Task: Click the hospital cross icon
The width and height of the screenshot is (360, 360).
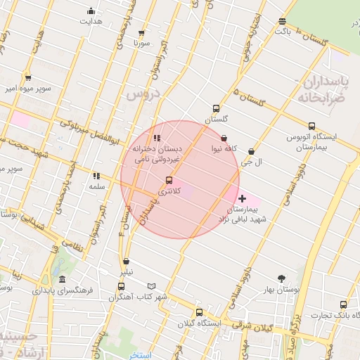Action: pos(243,199)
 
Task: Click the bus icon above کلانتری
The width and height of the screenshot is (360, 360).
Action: pos(168,181)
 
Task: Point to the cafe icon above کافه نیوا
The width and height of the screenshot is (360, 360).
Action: pos(224,139)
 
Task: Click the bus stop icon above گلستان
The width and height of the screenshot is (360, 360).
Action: pos(216,109)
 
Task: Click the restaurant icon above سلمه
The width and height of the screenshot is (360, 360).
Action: pos(96,176)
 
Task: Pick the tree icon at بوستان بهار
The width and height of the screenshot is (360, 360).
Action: pos(283,278)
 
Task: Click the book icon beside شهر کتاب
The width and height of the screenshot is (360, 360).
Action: pos(152,286)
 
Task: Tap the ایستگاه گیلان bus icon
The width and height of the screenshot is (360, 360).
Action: pos(199,312)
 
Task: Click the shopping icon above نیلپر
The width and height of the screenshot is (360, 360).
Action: pos(127,261)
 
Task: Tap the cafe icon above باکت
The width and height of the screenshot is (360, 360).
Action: pos(283,21)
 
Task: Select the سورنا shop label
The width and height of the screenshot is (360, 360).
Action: pos(143,43)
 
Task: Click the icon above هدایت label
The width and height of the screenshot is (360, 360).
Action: pos(91,11)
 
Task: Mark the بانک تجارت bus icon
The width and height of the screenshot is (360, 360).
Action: pos(343,304)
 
